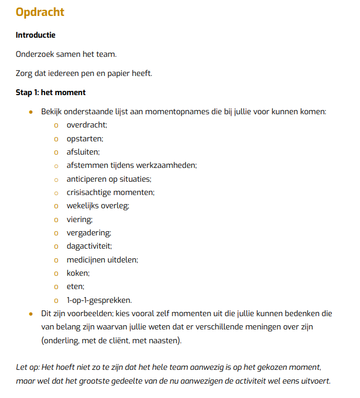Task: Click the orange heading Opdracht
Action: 40,12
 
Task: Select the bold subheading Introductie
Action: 36,35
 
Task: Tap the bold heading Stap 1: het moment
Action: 50,92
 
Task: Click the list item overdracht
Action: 87,125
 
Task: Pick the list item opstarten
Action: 84,139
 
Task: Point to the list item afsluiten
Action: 82,152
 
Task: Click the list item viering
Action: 79,219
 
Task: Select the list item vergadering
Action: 89,233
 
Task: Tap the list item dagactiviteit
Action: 89,246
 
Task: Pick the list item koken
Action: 78,273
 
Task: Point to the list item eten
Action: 75,286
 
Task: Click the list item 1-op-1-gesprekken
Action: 99,300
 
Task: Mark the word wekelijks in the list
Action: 83,206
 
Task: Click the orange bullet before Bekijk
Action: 31,112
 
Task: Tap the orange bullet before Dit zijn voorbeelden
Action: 31,314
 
